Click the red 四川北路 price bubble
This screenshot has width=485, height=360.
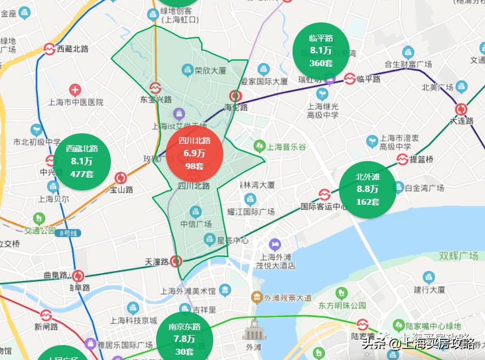(194, 154)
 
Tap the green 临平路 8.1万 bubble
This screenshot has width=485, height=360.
(321, 51)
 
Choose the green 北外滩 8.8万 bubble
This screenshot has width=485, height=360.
(368, 189)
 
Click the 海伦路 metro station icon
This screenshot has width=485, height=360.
(236, 96)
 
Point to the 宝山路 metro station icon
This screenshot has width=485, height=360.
(121, 178)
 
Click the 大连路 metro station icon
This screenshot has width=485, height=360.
(461, 109)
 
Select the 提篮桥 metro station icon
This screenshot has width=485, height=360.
(403, 159)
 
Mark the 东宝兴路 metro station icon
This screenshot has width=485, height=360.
(156, 87)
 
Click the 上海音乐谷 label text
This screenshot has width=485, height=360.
(287, 147)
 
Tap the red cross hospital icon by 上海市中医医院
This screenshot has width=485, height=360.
(76, 90)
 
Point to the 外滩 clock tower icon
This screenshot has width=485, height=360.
(254, 330)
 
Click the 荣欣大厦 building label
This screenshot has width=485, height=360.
(211, 70)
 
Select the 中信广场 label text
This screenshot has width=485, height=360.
(196, 223)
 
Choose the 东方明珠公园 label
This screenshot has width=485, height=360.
(343, 306)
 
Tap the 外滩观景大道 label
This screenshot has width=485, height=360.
(288, 298)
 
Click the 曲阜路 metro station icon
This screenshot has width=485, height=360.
(78, 276)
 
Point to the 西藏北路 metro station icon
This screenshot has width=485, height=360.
(50, 49)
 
